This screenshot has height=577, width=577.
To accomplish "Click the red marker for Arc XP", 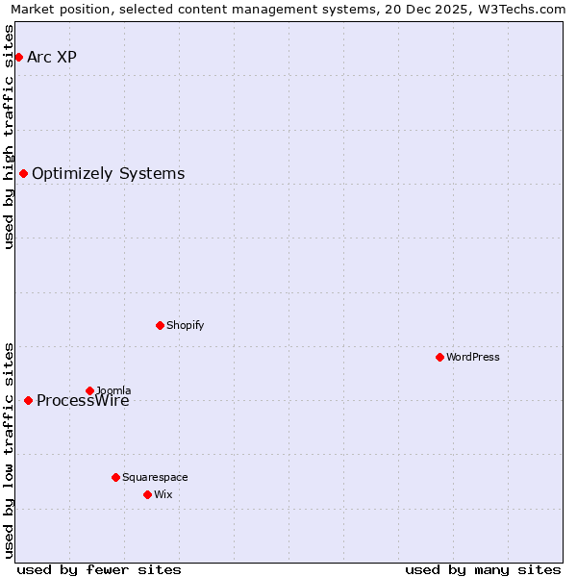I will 18,57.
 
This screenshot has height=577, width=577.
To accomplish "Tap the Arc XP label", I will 52,57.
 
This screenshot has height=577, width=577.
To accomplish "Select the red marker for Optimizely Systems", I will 23,173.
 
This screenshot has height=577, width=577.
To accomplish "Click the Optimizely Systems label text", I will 108,173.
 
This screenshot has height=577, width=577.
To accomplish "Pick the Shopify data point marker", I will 160,325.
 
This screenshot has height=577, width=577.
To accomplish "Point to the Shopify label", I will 185,325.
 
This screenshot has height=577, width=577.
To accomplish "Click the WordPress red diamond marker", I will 439,357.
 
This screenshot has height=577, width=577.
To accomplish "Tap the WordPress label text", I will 472,357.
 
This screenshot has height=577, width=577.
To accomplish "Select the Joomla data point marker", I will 89,390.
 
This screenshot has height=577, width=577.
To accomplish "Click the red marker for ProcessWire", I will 28,400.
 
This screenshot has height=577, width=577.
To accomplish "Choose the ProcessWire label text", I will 83,401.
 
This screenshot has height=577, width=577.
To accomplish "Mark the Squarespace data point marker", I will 115,477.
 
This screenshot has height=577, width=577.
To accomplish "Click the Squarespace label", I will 155,477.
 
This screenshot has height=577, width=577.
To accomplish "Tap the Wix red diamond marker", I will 147,494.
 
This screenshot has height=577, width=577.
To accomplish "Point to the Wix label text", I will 163,494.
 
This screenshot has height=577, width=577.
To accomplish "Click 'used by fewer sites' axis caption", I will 99,569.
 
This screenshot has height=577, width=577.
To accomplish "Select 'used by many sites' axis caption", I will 483,569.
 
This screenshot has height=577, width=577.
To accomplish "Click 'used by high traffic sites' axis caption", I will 10,137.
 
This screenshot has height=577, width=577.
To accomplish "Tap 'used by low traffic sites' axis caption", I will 10,449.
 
